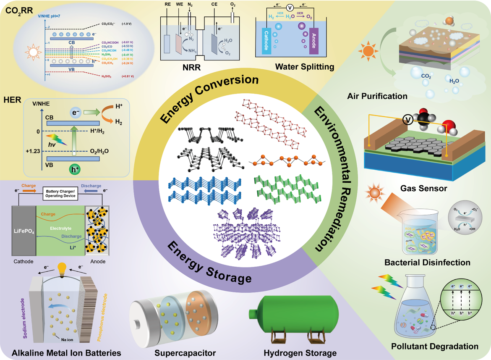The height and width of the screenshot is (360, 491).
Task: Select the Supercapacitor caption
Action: pos(180,352)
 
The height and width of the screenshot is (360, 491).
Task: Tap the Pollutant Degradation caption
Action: pos(435,346)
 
